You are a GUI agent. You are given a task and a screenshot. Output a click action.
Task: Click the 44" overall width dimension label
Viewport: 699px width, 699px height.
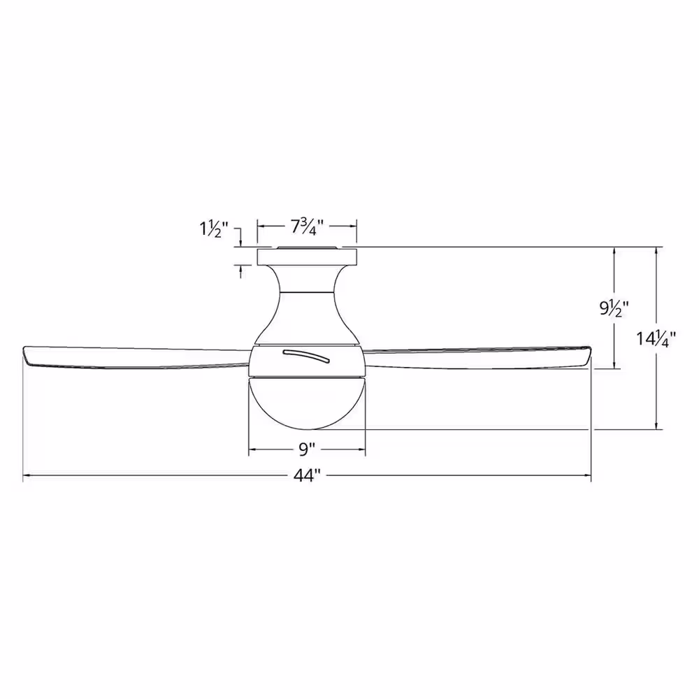[307, 476]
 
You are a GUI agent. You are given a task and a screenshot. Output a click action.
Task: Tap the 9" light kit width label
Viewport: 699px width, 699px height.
[307, 449]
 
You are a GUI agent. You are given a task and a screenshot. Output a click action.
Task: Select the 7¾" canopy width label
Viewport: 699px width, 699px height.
[307, 227]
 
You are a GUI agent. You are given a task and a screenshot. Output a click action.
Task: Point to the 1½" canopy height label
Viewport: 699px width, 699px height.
[213, 229]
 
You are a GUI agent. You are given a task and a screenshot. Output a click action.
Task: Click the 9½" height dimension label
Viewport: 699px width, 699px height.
[613, 308]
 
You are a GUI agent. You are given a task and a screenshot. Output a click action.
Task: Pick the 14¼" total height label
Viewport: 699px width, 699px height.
[656, 339]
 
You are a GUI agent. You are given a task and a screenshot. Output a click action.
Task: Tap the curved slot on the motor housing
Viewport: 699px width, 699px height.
[306, 356]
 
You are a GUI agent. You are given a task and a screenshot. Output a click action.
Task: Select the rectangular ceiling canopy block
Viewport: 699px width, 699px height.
[307, 257]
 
